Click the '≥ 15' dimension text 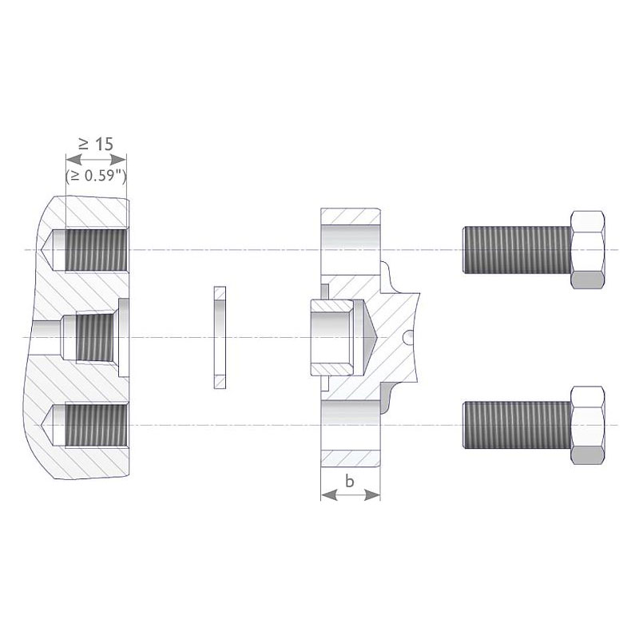(96, 145)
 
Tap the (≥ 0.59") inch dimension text (96, 176)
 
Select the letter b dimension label (350, 482)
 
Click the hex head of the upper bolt (587, 250)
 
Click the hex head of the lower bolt (587, 426)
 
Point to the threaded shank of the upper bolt (517, 250)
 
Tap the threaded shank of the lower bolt (517, 426)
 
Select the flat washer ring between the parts (220, 337)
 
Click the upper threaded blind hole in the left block (96, 250)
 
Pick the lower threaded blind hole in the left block (96, 426)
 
